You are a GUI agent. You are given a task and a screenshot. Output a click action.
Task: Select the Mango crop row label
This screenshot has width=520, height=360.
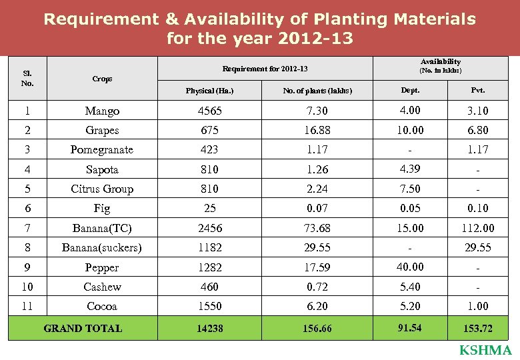[102, 111]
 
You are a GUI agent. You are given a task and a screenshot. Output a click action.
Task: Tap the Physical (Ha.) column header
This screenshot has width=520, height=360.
[209, 91]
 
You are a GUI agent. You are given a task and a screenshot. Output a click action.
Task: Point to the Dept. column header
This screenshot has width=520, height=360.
[410, 90]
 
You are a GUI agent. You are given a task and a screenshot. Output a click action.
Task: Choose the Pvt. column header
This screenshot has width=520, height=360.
[477, 90]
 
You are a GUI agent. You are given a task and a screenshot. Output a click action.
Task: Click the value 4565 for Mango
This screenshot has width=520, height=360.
[209, 111]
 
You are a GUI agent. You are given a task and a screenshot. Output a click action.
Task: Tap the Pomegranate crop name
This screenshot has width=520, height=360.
[102, 150]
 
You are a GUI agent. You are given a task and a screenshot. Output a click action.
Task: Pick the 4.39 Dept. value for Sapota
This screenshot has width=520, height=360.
[410, 169]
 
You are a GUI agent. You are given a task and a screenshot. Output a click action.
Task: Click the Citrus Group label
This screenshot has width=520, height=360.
[102, 189]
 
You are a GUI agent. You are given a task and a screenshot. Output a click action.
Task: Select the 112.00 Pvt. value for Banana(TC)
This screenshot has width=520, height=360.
[477, 228]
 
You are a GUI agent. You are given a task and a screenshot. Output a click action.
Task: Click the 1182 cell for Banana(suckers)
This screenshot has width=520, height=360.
[209, 247]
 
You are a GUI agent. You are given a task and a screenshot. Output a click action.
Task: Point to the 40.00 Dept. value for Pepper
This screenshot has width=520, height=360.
[410, 266]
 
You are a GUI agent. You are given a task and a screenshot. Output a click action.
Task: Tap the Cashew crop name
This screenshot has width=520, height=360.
[102, 287]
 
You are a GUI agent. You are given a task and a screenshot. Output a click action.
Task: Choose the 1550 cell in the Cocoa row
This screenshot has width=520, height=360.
[209, 307]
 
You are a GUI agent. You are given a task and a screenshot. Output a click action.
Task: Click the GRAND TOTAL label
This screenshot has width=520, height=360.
[83, 328]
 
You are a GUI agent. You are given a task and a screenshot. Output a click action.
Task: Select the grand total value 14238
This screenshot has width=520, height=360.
[209, 329]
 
